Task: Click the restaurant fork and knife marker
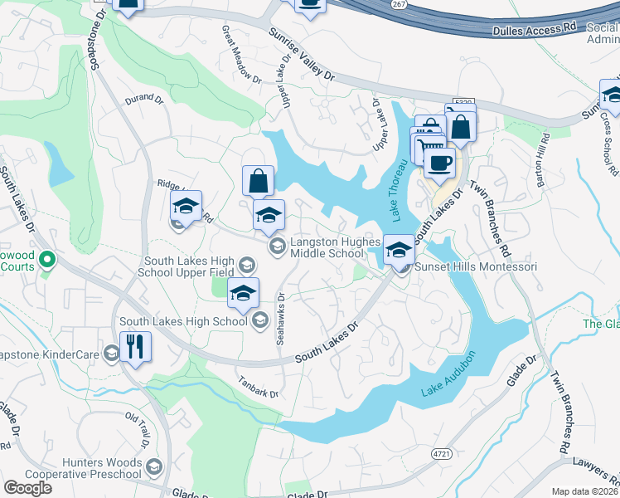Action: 135,345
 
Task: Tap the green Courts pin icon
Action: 46,261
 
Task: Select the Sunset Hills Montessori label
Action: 476,267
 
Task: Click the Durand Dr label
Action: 143,98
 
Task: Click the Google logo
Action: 27,488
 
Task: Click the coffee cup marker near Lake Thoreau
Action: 439,161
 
